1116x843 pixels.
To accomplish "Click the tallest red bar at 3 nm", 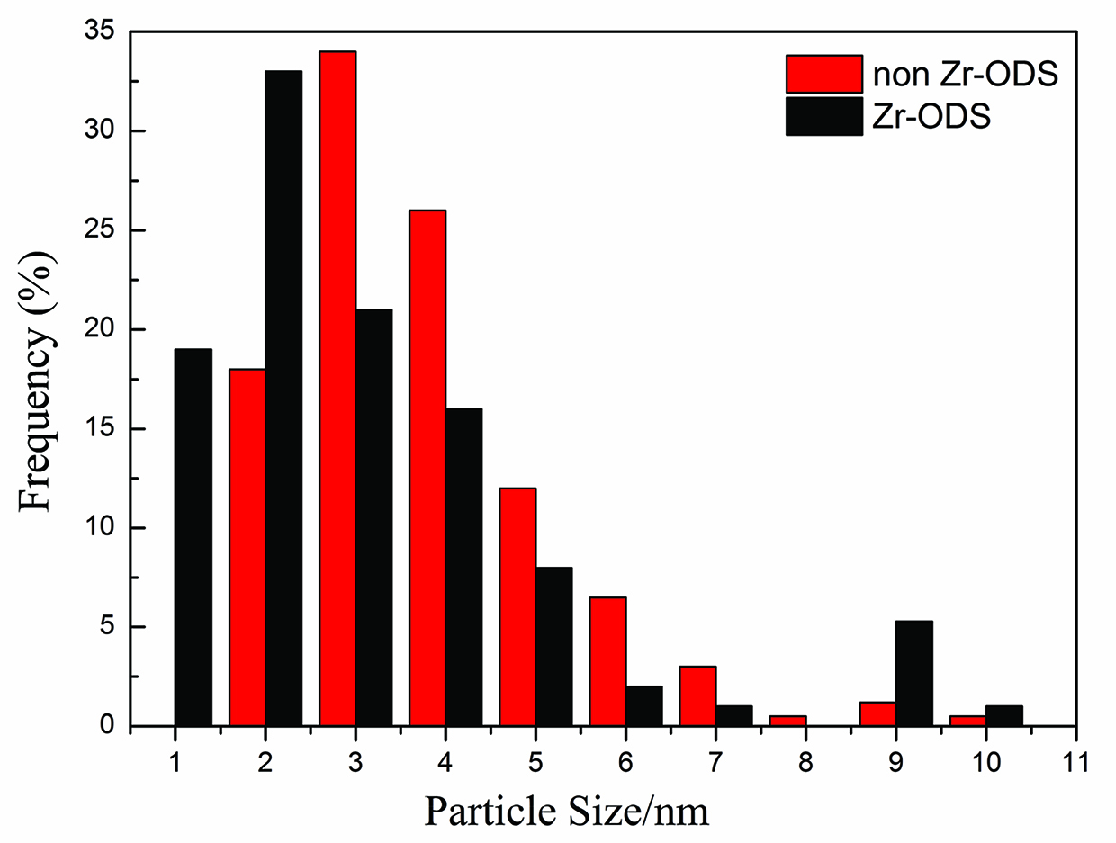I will coord(337,387).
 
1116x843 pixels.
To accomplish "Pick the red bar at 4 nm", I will coord(427,468).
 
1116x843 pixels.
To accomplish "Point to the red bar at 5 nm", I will coord(517,606).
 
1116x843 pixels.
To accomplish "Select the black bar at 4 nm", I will coord(463,567).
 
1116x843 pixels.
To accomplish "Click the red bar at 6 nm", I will coord(607,661).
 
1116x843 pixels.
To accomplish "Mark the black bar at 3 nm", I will coord(373,517).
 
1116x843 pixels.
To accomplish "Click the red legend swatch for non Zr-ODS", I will coord(823,74).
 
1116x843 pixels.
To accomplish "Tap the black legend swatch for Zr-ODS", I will coord(823,117).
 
